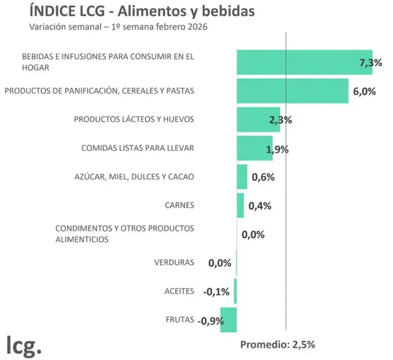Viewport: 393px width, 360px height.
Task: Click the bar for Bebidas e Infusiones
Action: (x=304, y=62)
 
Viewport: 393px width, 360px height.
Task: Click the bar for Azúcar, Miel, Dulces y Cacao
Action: (x=242, y=177)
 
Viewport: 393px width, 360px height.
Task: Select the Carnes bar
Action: (x=240, y=205)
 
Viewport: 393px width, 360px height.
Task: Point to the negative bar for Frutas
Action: (x=228, y=320)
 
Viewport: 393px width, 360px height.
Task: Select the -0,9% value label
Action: (x=210, y=321)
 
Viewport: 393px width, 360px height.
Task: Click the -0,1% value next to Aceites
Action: (x=216, y=292)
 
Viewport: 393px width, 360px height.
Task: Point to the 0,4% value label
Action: (x=260, y=206)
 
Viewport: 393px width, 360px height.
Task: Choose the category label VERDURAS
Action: (x=174, y=262)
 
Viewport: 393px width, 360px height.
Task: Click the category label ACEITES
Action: (x=179, y=291)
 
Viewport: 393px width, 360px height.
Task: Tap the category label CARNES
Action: (x=179, y=205)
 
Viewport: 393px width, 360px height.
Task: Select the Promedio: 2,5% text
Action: (x=277, y=344)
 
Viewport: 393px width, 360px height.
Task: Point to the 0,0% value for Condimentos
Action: (x=253, y=235)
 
